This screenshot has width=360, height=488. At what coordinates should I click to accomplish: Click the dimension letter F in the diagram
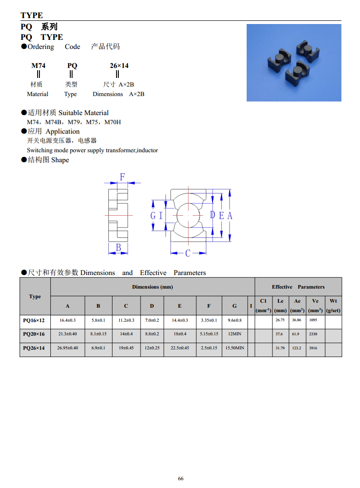122,176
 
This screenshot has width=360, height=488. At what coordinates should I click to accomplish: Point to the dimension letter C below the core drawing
188,253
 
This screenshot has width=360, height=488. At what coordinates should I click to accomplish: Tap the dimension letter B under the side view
118,247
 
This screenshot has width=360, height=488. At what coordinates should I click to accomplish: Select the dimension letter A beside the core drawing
230,216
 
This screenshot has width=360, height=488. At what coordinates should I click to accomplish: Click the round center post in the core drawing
187,215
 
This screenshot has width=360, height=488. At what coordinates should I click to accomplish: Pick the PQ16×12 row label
34,320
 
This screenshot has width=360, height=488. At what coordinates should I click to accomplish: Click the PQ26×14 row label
34,348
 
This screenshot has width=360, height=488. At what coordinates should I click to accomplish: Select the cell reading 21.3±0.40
68,334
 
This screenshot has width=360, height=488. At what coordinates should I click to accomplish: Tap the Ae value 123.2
297,348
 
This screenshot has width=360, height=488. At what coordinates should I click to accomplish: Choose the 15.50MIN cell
234,348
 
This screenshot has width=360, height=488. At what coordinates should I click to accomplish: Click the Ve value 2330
313,334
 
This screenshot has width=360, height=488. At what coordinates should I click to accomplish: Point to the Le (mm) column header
280,305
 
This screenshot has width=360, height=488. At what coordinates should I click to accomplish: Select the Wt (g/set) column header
333,305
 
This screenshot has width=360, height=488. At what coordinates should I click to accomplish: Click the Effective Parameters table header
298,287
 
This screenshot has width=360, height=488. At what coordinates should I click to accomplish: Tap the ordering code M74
38,66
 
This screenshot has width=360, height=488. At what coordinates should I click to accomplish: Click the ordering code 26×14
119,66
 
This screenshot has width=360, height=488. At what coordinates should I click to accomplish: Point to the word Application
63,131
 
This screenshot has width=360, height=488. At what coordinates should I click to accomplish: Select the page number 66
181,478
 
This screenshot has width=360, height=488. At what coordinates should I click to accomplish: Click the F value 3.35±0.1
209,320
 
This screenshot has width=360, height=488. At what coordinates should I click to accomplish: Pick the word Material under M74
38,94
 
